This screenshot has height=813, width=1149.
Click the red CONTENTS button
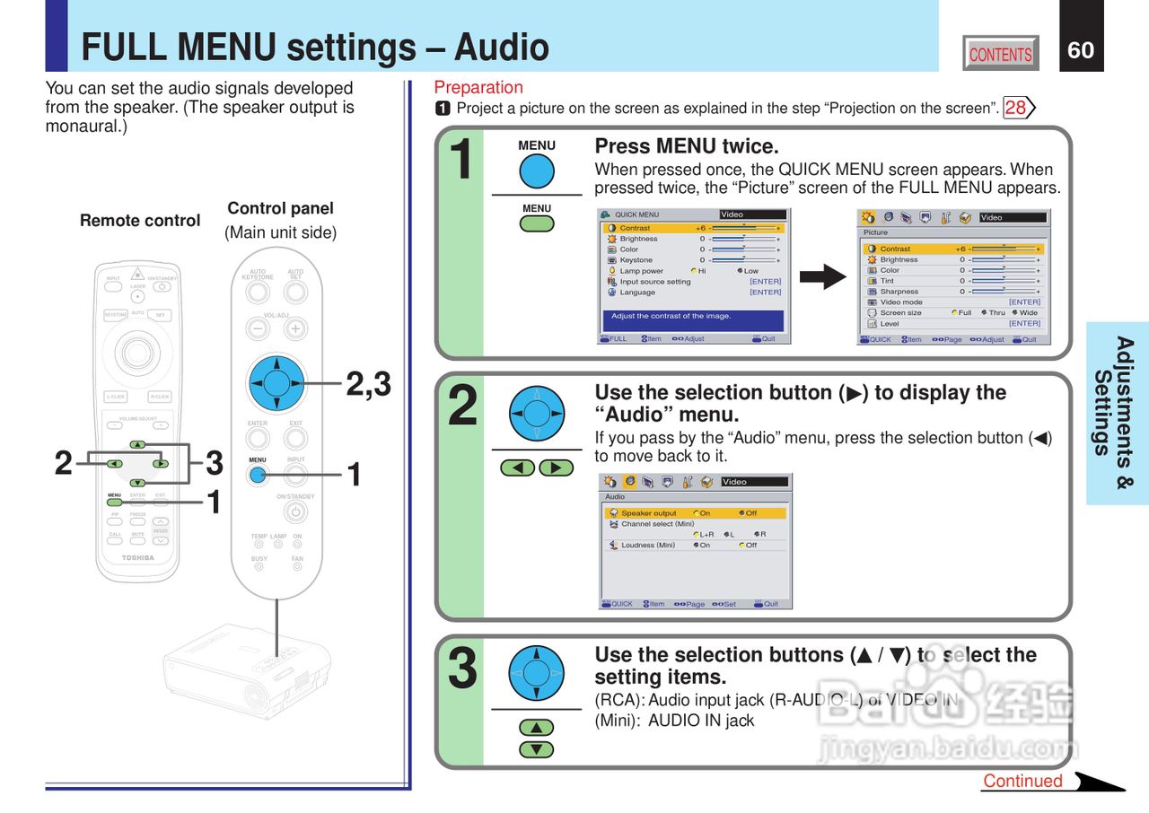pyautogui.click(x=1001, y=54)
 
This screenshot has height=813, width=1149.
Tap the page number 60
pyautogui.click(x=1081, y=50)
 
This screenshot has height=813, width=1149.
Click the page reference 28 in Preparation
pyautogui.click(x=1016, y=109)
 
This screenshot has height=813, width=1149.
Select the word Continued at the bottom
pyautogui.click(x=1022, y=781)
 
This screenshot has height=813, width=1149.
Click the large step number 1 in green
pyautogui.click(x=460, y=160)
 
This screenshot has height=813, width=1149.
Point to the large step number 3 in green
pyautogui.click(x=461, y=669)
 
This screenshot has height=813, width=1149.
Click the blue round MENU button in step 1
pyautogui.click(x=537, y=171)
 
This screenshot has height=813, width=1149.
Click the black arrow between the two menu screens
pyautogui.click(x=822, y=277)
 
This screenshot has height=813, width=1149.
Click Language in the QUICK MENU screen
pyautogui.click(x=637, y=293)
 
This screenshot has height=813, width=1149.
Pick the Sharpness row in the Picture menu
pyautogui.click(x=899, y=292)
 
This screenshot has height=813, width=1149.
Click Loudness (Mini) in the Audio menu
pyautogui.click(x=648, y=546)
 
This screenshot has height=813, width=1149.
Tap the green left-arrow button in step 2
pyautogui.click(x=518, y=468)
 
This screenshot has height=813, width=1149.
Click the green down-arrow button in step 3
pyautogui.click(x=536, y=749)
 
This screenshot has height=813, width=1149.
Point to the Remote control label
pyautogui.click(x=140, y=221)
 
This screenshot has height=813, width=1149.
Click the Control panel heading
pyautogui.click(x=280, y=208)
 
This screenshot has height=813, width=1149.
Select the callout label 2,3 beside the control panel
pyautogui.click(x=369, y=384)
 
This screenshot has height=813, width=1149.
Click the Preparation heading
pyautogui.click(x=478, y=87)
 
